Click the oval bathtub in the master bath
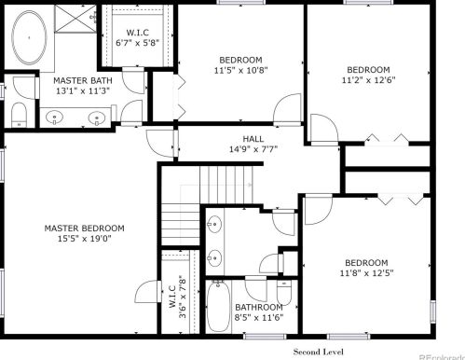click(x=29, y=37)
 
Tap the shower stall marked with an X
click(x=75, y=19)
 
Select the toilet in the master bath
click(x=19, y=115)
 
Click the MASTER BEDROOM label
click(x=85, y=228)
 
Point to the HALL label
click(x=253, y=139)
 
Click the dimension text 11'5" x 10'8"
click(x=240, y=70)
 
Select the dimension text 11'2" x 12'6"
click(x=368, y=80)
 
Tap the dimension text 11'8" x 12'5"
click(x=366, y=273)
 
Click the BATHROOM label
click(x=259, y=308)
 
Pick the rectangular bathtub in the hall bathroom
click(x=218, y=307)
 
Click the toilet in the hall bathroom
click(x=284, y=293)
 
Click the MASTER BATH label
click(x=83, y=80)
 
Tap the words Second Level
click(x=319, y=352)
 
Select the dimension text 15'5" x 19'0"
click(x=85, y=239)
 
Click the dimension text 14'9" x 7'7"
click(x=253, y=149)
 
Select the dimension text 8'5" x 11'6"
click(x=259, y=318)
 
